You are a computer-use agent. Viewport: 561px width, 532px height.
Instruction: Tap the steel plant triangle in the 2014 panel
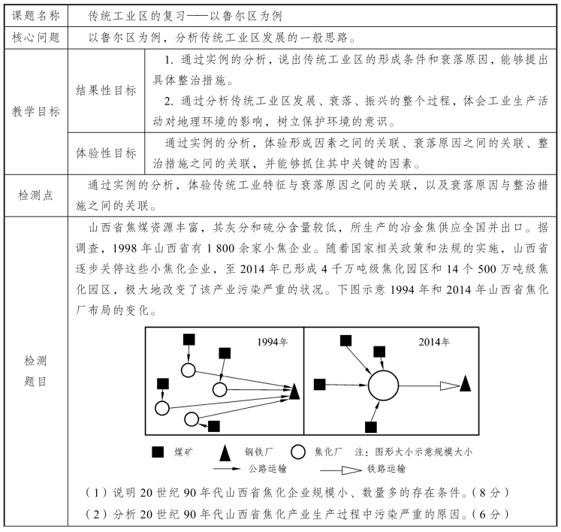click(466, 383)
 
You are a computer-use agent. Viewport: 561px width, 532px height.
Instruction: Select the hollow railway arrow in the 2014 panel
click(449, 385)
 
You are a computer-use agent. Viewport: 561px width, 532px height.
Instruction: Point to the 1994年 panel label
click(272, 342)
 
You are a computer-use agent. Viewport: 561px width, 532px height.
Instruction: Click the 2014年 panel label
click(435, 342)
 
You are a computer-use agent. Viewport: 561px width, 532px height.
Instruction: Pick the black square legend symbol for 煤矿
click(158, 452)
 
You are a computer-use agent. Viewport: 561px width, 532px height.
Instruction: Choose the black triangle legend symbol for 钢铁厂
click(224, 452)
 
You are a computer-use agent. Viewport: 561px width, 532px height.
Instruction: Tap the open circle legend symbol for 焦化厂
click(297, 452)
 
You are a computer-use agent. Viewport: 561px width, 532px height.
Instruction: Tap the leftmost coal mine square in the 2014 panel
click(319, 384)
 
